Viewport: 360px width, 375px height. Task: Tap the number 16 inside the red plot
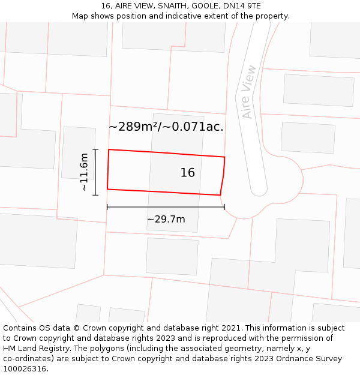point(188,173)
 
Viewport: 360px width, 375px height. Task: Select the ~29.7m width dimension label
point(166,220)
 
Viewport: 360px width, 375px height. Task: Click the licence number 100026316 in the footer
point(25,369)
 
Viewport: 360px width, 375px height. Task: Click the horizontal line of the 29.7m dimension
point(166,207)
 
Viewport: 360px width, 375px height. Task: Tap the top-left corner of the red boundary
point(109,149)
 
